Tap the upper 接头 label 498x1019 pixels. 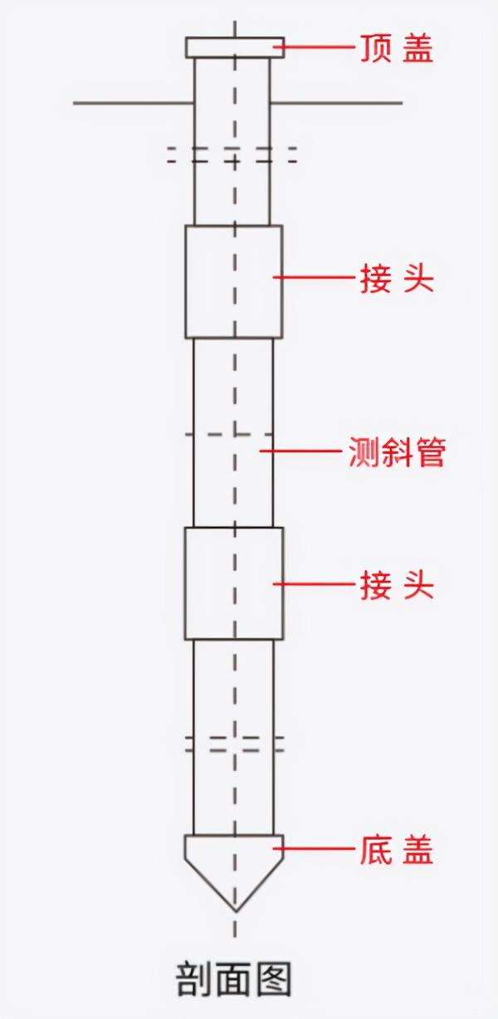click(396, 279)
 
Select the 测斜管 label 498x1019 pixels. click(396, 453)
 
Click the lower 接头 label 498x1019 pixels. click(396, 586)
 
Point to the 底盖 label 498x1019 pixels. click(396, 850)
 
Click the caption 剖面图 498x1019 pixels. click(235, 979)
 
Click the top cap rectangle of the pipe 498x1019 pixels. click(235, 47)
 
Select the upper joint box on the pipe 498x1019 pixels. click(234, 281)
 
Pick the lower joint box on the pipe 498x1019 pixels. click(234, 583)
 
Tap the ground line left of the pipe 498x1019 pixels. click(133, 104)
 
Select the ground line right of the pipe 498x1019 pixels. click(336, 104)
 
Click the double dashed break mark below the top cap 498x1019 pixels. click(232, 155)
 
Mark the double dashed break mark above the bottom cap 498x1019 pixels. click(235, 743)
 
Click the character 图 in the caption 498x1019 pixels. click(275, 979)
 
